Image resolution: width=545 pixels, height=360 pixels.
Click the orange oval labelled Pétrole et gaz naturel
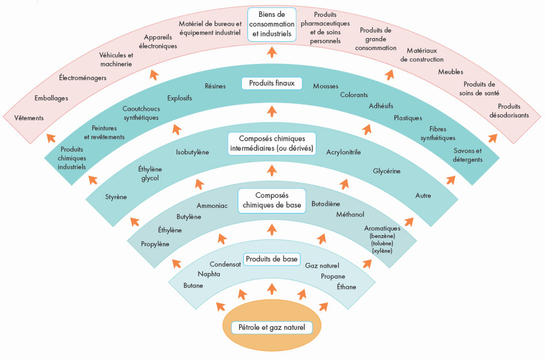(271, 327)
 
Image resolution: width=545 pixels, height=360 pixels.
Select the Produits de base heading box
(271, 259)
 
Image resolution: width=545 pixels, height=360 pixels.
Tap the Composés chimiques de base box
(272, 200)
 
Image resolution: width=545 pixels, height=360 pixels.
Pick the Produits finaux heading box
(271, 83)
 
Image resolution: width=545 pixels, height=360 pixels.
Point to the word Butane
(193, 285)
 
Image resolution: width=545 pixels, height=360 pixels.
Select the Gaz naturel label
(322, 266)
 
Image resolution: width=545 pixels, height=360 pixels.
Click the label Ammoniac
(212, 206)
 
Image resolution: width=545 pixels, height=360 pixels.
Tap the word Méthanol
(350, 214)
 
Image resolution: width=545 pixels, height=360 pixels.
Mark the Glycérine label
(386, 171)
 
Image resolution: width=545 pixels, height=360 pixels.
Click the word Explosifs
(180, 99)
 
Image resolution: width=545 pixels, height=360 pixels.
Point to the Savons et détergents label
(468, 155)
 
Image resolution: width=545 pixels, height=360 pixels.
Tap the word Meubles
(451, 71)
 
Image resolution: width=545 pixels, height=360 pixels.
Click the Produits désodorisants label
(509, 111)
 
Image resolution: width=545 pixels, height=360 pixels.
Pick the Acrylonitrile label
(343, 152)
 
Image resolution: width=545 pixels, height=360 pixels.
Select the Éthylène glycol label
(150, 173)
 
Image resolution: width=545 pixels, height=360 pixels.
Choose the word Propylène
(155, 244)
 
